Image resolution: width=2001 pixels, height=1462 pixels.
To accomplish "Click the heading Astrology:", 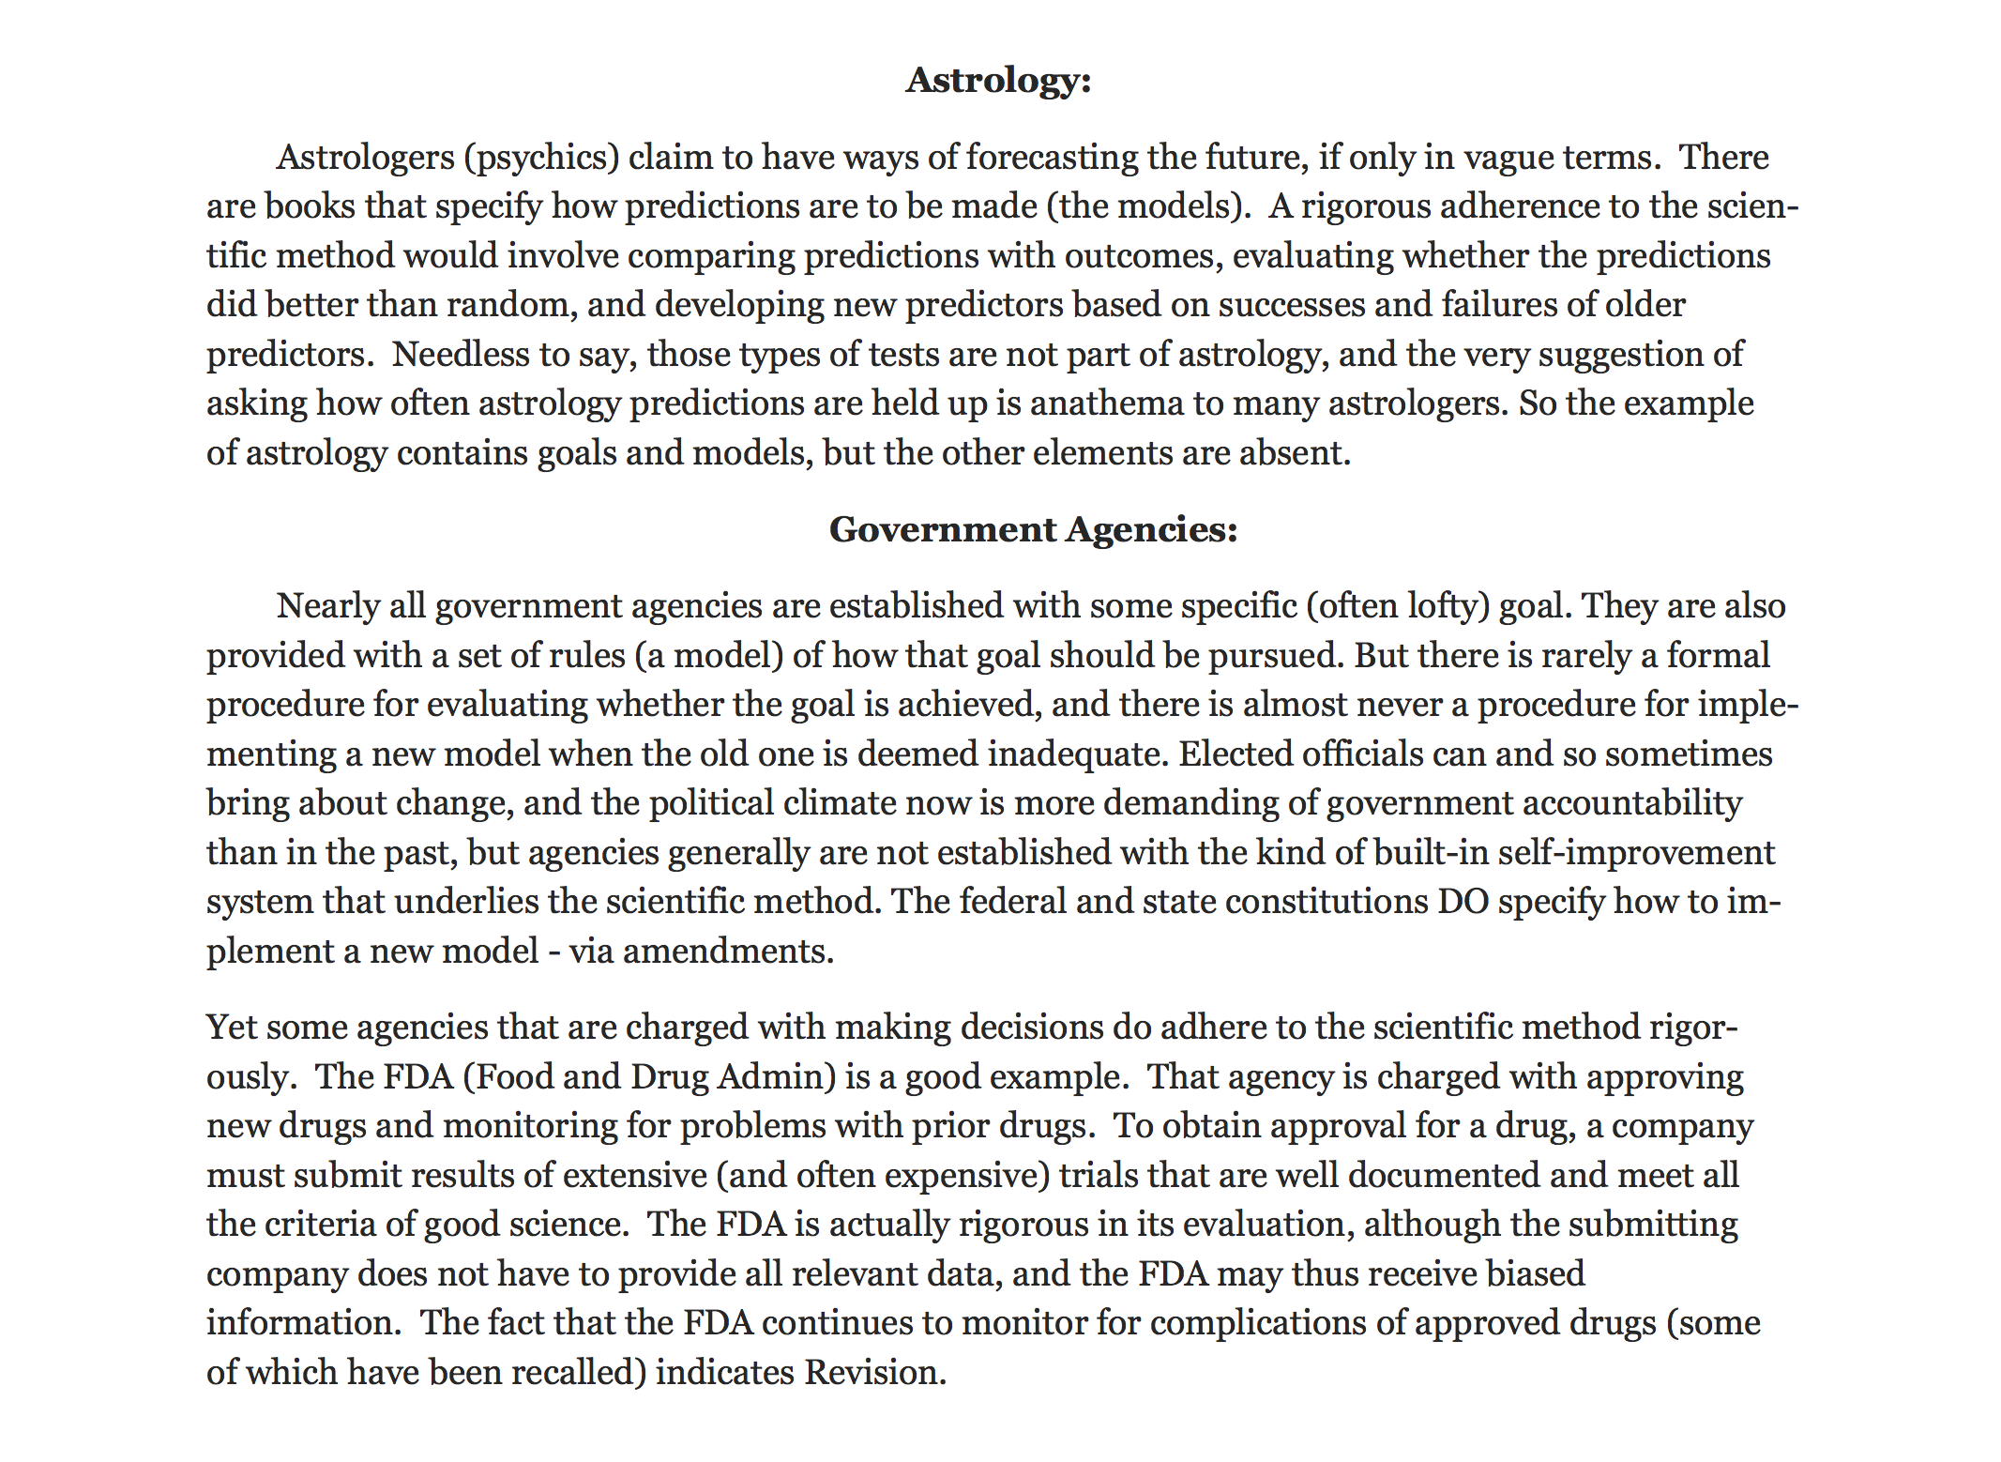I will tap(998, 81).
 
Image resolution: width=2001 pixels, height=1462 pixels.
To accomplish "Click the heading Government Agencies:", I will tap(1033, 530).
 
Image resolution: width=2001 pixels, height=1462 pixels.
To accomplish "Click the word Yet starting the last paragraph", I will tap(230, 1028).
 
